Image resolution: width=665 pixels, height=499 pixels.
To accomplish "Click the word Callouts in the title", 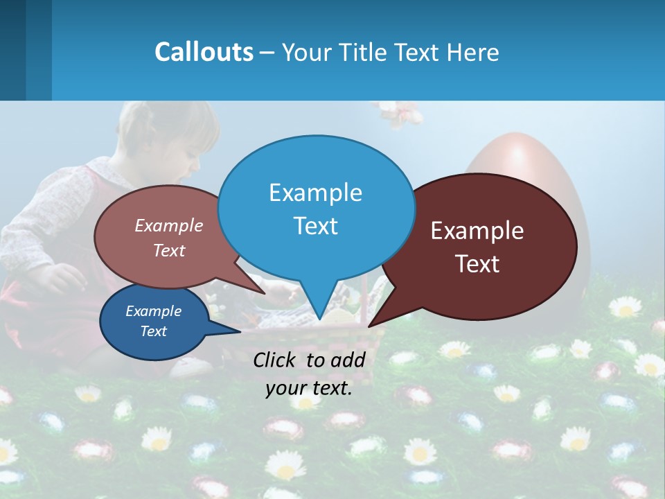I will click(x=204, y=52).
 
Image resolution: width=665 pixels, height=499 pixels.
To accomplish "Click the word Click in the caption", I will click(x=276, y=360).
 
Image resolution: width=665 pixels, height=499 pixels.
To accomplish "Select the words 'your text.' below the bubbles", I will click(x=309, y=388).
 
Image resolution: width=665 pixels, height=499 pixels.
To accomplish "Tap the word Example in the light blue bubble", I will click(x=315, y=193).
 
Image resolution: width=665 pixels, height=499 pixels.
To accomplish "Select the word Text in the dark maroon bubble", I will click(x=477, y=264).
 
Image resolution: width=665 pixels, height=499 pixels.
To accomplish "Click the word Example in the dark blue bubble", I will click(x=153, y=311).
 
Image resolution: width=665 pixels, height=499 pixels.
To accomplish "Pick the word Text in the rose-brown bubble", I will click(x=169, y=250).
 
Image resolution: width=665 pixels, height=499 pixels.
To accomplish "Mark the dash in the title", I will click(x=267, y=52).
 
